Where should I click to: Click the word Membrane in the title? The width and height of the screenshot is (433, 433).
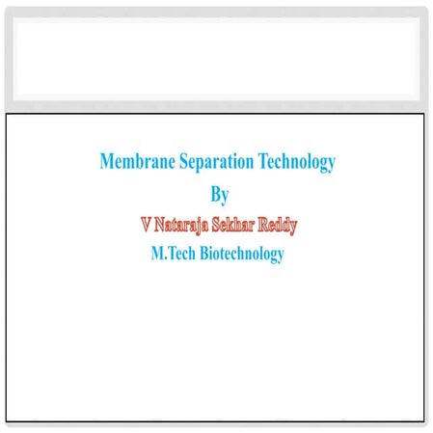point(135,161)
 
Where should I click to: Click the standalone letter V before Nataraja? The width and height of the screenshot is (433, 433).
point(146,225)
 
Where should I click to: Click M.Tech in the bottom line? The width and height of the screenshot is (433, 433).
point(172,254)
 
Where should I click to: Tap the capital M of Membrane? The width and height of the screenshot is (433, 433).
point(106,161)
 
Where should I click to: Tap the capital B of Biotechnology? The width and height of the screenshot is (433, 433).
point(206,254)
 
